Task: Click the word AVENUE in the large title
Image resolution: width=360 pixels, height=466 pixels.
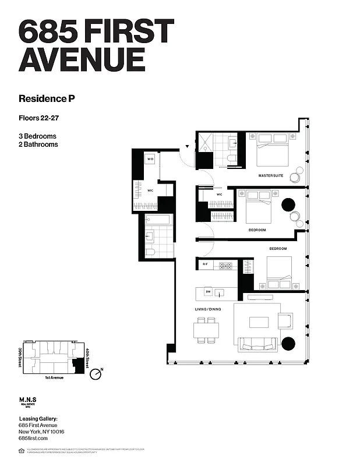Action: coord(82,59)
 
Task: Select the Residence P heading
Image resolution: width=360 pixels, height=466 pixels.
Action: coord(47,98)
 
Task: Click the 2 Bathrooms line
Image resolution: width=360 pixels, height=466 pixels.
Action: coord(38,144)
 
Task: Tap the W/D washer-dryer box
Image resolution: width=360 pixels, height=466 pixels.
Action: coord(150,158)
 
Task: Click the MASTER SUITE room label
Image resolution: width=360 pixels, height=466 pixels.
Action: coord(271,175)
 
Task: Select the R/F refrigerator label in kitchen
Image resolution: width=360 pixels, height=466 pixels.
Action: coord(205,265)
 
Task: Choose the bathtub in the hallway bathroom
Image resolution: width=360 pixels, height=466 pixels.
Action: coord(157,220)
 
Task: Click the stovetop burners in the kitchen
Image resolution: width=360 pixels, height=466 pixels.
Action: coord(225,266)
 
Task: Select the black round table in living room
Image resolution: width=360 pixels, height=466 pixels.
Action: coord(288,342)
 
